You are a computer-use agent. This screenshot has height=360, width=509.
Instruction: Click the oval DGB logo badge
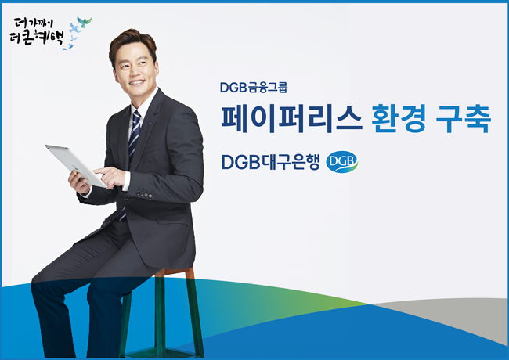[x=342, y=161]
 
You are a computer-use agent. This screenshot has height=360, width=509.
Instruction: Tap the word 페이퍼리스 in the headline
[x=291, y=118]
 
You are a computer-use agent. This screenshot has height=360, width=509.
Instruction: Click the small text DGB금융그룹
[x=254, y=88]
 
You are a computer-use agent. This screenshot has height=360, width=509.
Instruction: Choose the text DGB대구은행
[x=270, y=162]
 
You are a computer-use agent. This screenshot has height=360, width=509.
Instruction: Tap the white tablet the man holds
[x=76, y=165]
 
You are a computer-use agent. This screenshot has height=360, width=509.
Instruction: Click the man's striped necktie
[x=132, y=153]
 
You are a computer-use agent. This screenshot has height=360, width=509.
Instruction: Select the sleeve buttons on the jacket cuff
[x=144, y=195]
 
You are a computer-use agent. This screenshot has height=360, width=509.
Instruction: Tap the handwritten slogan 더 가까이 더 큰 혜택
[x=36, y=31]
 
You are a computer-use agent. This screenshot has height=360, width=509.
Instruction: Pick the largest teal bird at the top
[x=85, y=22]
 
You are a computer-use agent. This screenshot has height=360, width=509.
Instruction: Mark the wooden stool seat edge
[x=175, y=272]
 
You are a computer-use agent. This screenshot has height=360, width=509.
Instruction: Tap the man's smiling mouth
[x=137, y=82]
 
